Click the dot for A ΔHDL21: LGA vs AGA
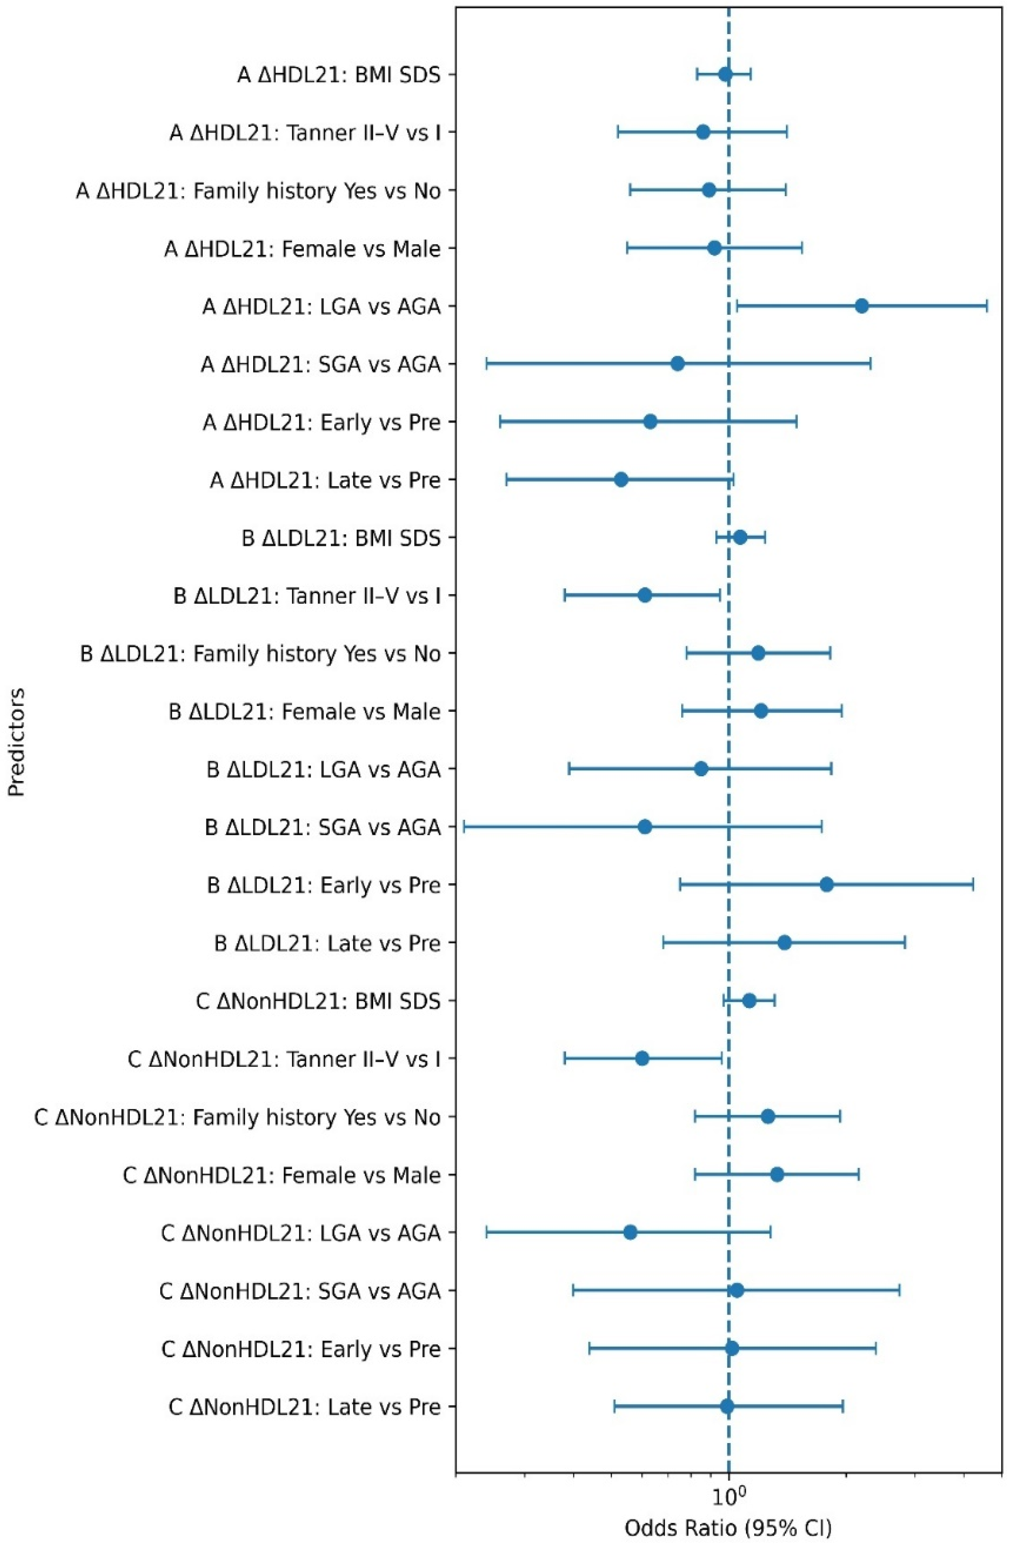pyautogui.click(x=862, y=306)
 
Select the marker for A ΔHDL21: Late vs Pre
pyautogui.click(x=621, y=480)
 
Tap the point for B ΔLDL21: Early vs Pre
pyautogui.click(x=827, y=885)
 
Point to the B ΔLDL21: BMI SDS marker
pyautogui.click(x=740, y=537)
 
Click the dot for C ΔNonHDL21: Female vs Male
pyautogui.click(x=777, y=1174)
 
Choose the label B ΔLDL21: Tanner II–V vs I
pyautogui.click(x=306, y=596)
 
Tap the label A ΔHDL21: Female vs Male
pyautogui.click(x=302, y=249)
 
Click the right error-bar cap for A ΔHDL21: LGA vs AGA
pyautogui.click(x=987, y=306)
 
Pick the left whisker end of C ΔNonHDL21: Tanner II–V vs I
pyautogui.click(x=564, y=1059)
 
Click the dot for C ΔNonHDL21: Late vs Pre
pyautogui.click(x=727, y=1406)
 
